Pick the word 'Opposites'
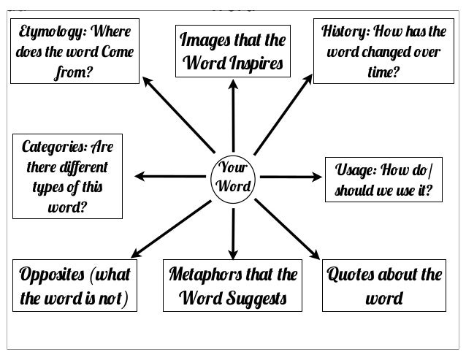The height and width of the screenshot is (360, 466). point(50,277)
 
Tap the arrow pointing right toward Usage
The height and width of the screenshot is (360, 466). point(289,176)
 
